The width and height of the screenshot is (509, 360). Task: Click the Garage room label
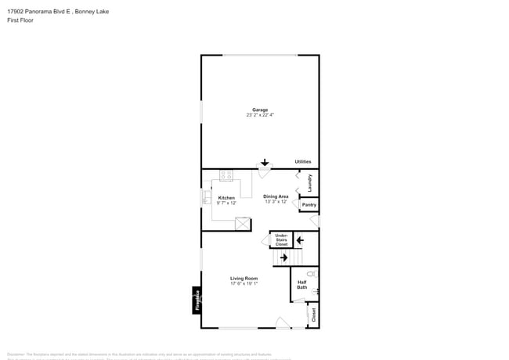point(260,110)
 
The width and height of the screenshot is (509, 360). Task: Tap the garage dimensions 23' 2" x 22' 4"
point(260,115)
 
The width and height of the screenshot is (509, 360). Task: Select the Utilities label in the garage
point(303,162)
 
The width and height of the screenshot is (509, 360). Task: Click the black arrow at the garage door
point(265,163)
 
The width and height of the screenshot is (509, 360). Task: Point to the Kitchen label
point(226,198)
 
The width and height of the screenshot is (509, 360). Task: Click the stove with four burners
point(226,176)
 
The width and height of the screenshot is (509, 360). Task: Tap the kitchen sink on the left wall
point(206,198)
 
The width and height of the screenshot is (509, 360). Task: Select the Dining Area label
point(276,196)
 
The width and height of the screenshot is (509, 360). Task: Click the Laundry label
point(311,183)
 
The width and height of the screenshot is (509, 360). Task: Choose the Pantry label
point(309,205)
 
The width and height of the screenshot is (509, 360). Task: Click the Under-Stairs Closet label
point(281,239)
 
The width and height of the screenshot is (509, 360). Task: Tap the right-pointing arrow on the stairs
point(283,257)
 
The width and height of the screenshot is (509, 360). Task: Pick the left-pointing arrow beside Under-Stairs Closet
point(299,239)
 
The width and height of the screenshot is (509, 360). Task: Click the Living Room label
point(244,279)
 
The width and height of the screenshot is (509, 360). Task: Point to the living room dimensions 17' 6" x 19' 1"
point(244,284)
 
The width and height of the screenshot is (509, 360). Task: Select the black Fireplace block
point(197,301)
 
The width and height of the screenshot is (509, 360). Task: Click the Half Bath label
point(301,286)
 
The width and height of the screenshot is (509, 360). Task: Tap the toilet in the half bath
point(312,274)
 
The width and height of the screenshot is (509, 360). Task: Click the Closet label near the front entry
point(313,315)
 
